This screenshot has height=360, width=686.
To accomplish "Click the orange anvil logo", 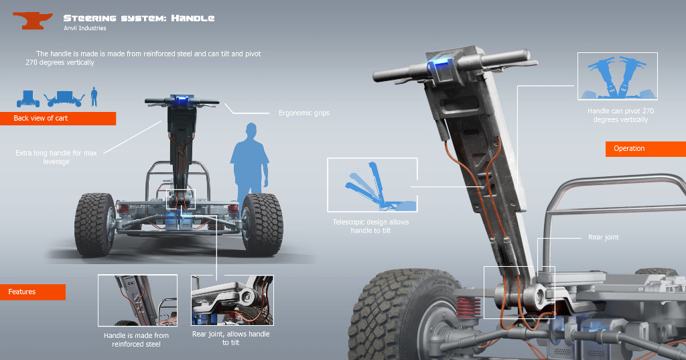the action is tap(32, 20).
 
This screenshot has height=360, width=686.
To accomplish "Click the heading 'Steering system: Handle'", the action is tap(139, 18).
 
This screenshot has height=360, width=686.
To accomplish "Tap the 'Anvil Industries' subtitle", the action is tap(85, 28).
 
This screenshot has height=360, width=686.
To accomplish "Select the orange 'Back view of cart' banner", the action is tap(58, 118).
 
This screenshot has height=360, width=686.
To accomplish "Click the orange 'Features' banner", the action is tap(33, 292).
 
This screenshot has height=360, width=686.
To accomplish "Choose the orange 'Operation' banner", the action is tap(646, 149).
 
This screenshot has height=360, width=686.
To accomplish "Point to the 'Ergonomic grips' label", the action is tap(304, 113).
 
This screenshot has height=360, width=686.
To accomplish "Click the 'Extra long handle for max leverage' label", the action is tap(56, 158).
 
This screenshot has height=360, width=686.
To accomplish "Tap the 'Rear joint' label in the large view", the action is tap(604, 237).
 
